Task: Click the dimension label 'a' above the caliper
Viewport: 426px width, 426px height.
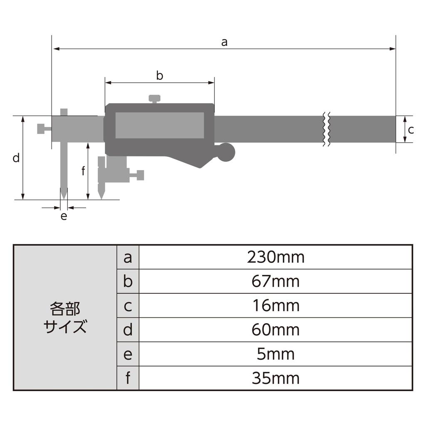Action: click(x=224, y=42)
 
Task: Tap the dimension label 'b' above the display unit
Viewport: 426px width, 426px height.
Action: click(x=159, y=76)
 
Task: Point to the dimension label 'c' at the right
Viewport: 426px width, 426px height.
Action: click(x=411, y=130)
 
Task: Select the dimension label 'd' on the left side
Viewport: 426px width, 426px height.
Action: click(x=16, y=158)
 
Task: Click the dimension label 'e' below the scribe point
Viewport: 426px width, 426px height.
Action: click(x=64, y=216)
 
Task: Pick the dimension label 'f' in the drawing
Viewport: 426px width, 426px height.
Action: click(x=83, y=171)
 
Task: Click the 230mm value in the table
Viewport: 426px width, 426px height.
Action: click(x=275, y=258)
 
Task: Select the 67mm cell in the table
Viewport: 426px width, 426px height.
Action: click(x=275, y=282)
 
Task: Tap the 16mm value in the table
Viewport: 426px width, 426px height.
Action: click(x=275, y=306)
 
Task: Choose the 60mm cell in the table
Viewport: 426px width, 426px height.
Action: click(x=275, y=330)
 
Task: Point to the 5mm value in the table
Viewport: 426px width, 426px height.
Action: click(x=275, y=354)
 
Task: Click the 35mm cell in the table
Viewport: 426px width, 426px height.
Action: click(x=275, y=378)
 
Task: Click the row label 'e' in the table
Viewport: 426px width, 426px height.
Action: click(x=128, y=354)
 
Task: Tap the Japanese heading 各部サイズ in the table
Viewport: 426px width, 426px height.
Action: click(x=65, y=318)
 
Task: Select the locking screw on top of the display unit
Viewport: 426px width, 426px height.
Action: click(x=154, y=99)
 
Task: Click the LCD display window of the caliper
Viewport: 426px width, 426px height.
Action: click(x=159, y=125)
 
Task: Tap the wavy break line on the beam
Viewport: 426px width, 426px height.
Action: click(x=327, y=129)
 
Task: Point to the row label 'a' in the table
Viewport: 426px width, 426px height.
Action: click(x=128, y=258)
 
